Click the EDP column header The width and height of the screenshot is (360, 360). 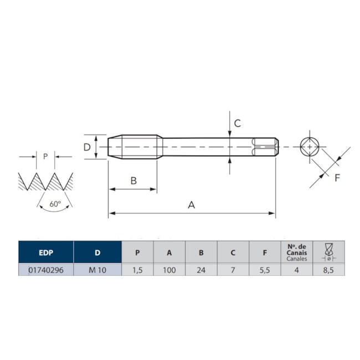click(46, 252)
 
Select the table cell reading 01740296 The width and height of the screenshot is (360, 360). click(46, 270)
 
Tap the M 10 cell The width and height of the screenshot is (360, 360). click(97, 270)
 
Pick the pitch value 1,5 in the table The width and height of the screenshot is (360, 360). click(137, 270)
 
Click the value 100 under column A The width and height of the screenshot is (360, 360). click(169, 270)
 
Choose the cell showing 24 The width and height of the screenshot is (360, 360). click(201, 270)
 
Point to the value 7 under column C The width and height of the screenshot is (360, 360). click(233, 270)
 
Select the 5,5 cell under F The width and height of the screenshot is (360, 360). click(265, 270)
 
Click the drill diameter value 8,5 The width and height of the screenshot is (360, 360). click(328, 270)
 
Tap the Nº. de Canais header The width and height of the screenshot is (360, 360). click(297, 253)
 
